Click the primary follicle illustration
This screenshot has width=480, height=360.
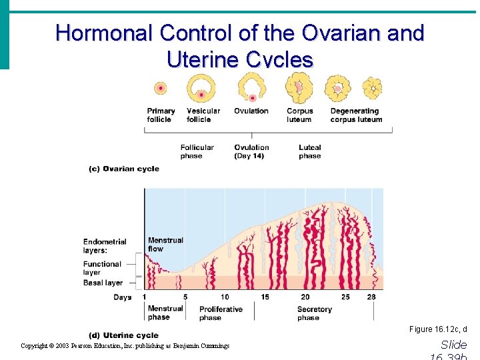(x=160, y=88)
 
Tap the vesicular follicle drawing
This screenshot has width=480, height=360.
(x=200, y=87)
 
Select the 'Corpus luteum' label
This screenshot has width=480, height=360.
(x=299, y=115)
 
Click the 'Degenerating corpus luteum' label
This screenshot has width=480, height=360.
(x=356, y=115)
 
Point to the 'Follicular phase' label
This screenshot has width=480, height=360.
(x=197, y=152)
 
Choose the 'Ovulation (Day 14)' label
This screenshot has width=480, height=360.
(x=251, y=152)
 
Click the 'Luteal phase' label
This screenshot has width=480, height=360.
(x=309, y=152)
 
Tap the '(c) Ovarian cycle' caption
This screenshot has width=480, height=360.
(x=124, y=169)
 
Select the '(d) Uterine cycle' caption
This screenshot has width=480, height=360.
(x=123, y=335)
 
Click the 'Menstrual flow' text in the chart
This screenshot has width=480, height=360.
(x=165, y=245)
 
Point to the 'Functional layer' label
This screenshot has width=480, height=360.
(x=102, y=268)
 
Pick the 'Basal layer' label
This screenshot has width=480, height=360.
(x=103, y=283)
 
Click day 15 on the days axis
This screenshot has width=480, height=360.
(x=265, y=297)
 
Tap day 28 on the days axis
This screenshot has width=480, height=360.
(x=371, y=297)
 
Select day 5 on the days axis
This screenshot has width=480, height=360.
(x=185, y=297)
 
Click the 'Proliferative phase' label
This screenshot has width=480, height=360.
(x=221, y=313)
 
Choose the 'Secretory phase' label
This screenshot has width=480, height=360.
(x=314, y=313)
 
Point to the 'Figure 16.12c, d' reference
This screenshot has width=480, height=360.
(x=438, y=329)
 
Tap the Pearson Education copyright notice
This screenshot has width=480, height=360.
(x=125, y=346)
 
